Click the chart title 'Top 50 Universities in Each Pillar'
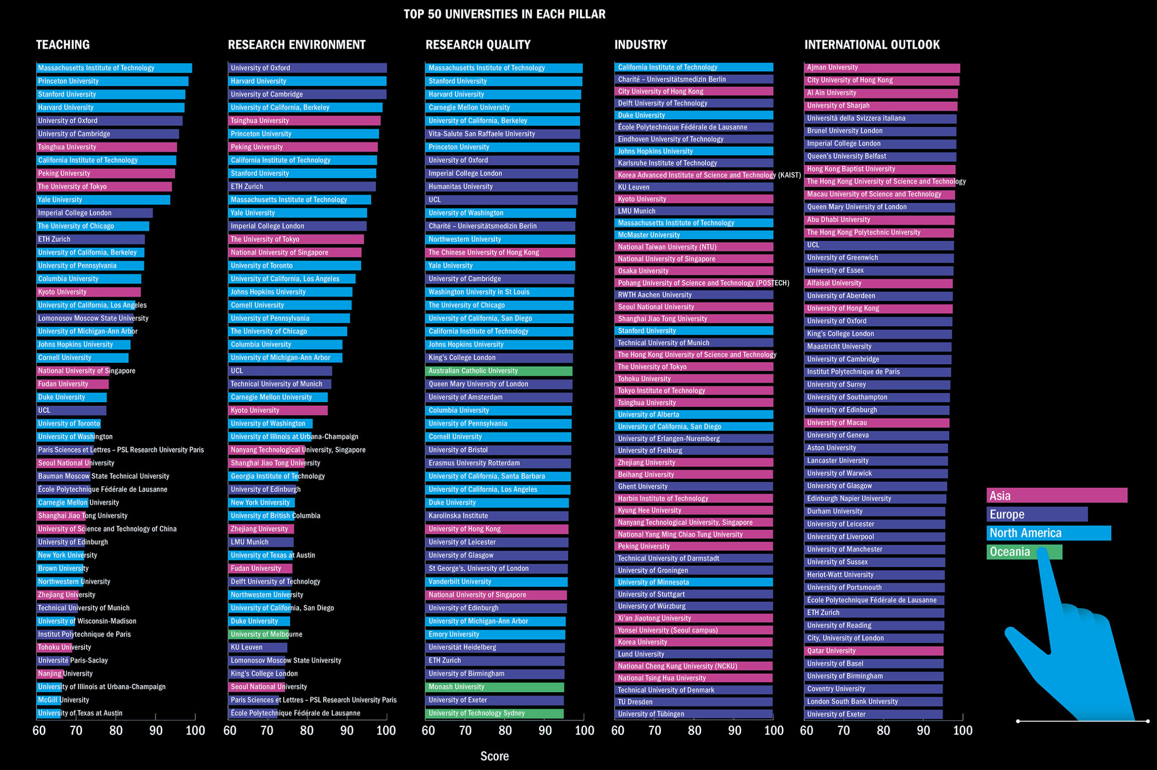coord(504,14)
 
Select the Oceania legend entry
coord(1024,552)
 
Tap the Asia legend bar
coord(1056,495)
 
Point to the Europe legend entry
coord(1037,514)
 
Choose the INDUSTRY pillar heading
coord(641,45)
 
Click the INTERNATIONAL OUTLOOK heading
coord(871,45)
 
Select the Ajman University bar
coord(882,68)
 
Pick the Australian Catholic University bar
coord(498,371)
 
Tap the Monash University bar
coord(494,687)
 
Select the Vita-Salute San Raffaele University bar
coord(502,134)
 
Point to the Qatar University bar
coord(874,651)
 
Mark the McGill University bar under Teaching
coord(49,700)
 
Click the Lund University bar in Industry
coord(693,654)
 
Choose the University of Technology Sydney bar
coord(494,714)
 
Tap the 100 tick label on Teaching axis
coord(195,731)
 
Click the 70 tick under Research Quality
coord(465,731)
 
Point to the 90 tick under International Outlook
coord(923,731)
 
